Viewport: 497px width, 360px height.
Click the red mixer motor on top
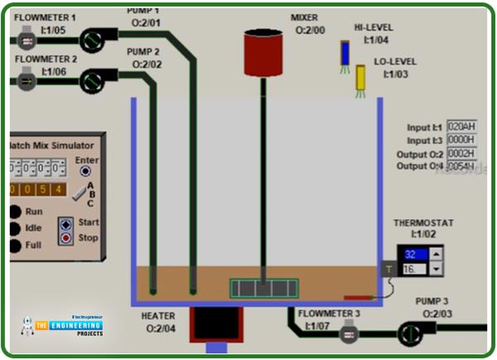264,52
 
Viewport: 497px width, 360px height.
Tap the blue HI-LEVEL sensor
345,53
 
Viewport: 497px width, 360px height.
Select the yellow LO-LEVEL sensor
361,77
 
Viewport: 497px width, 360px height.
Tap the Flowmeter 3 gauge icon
350,334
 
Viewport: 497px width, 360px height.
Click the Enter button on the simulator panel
84,171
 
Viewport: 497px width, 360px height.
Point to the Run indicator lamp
15,211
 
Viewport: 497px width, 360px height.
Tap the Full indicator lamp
15,246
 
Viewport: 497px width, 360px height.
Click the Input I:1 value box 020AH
461,127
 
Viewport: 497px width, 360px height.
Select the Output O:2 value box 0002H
461,153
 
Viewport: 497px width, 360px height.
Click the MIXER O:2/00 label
309,23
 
